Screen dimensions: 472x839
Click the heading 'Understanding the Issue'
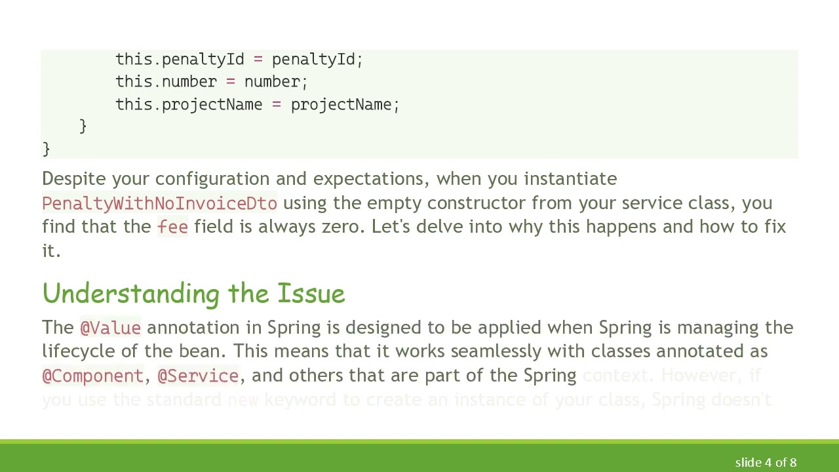pos(193,294)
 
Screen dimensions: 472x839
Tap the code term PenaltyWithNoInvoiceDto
pos(159,203)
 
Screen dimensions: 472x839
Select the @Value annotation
pos(110,328)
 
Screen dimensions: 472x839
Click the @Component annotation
pos(92,376)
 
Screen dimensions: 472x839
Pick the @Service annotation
pos(198,376)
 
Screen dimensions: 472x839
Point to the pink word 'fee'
pos(172,227)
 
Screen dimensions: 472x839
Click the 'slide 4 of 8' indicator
pos(766,462)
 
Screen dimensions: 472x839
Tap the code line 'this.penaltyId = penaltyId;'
pos(239,59)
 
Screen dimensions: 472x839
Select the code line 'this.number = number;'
pos(212,81)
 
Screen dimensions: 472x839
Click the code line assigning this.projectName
pos(258,104)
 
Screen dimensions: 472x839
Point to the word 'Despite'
pos(74,179)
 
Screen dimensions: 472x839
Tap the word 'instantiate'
pos(570,179)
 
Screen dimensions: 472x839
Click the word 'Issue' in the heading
pos(311,294)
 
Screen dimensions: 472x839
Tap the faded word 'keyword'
pos(300,399)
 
